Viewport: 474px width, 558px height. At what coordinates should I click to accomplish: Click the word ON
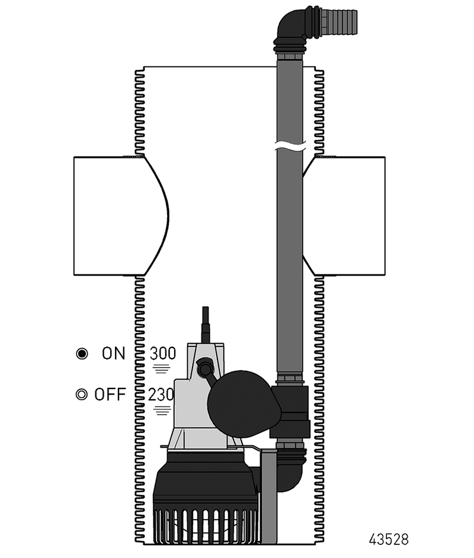coord(114,354)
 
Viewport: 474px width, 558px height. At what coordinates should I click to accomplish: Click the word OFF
coord(110,395)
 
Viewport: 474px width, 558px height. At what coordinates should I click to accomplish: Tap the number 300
coord(162,354)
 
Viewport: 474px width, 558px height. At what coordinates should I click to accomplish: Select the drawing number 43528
coord(389,540)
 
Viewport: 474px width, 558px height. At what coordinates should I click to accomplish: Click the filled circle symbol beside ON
coord(82,354)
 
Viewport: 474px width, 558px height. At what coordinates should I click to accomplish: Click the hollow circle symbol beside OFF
coord(82,395)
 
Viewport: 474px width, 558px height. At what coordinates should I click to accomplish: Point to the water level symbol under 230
coord(162,409)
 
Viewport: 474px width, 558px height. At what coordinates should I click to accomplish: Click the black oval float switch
coord(244,400)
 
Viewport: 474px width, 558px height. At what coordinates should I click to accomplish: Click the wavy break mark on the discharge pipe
coord(290,145)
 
